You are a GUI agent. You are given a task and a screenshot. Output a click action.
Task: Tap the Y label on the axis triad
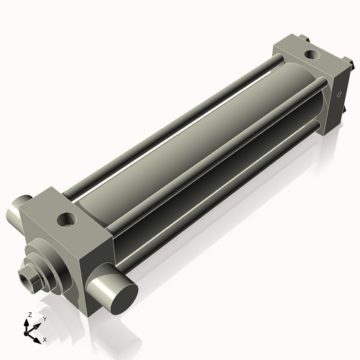tap(44, 318)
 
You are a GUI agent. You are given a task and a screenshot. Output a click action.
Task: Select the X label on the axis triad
tap(45, 338)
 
